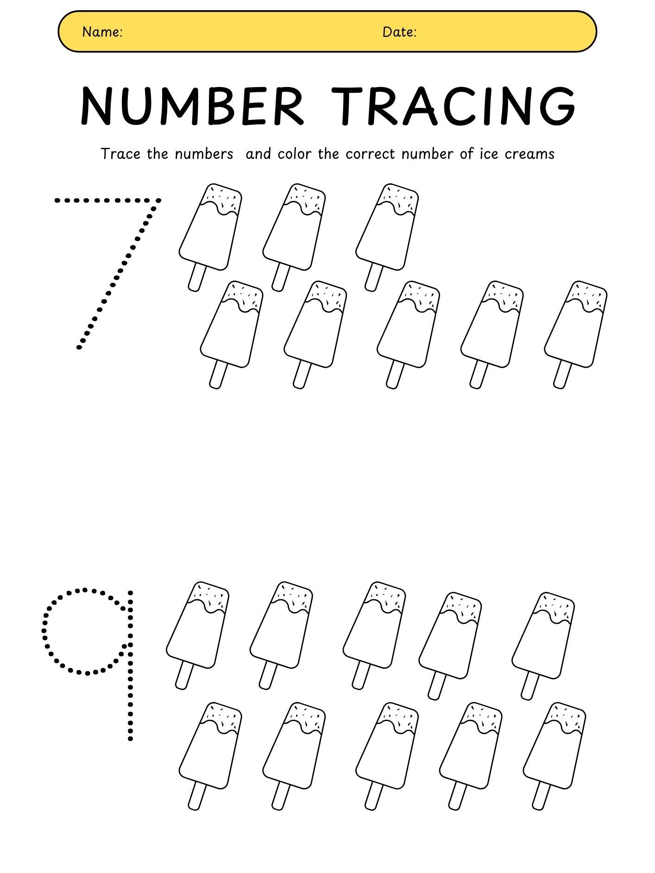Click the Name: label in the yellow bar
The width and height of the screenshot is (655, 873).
point(102,32)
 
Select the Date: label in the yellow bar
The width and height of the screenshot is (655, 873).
point(399,32)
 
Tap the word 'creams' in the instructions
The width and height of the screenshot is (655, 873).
point(529,154)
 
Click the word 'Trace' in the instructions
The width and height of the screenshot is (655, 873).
point(120,154)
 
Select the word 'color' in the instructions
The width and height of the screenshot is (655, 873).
point(294,154)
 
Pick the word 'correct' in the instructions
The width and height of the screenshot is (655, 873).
point(370,154)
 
